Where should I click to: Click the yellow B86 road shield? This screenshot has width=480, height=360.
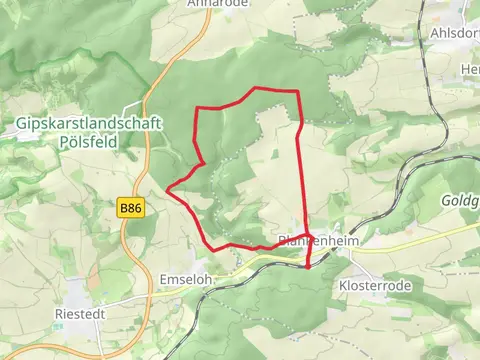[x=129, y=208]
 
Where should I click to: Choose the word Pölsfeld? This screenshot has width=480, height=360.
[x=89, y=142]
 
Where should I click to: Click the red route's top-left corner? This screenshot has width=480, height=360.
[x=195, y=108]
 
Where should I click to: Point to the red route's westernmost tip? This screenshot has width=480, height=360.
[x=166, y=188]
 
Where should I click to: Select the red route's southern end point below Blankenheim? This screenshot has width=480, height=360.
[x=307, y=266]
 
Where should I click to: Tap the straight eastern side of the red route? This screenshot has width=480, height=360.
[x=302, y=170]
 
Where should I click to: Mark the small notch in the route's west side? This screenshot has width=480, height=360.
[x=204, y=161]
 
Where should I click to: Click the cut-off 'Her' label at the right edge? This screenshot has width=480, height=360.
[x=470, y=68]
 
